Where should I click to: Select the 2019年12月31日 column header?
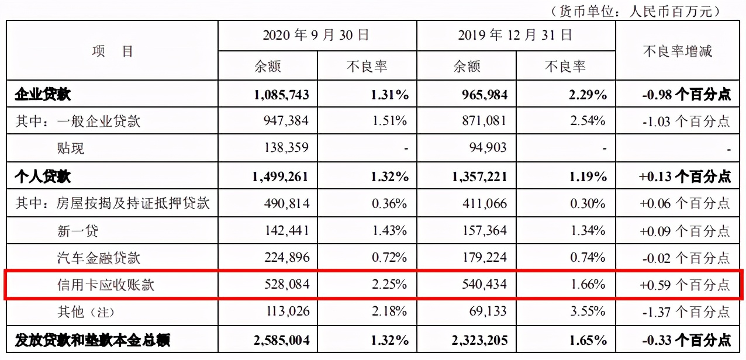tap(516, 35)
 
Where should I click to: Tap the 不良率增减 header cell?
tap(678, 51)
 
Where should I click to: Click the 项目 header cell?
tap(112, 51)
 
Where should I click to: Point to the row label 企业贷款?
tap(43, 95)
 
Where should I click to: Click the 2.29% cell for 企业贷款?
tap(585, 95)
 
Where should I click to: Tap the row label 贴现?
tap(71, 148)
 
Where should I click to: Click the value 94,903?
tap(487, 148)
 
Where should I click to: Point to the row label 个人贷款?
tap(43, 176)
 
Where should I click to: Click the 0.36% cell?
tap(389, 203)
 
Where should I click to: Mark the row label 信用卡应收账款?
tap(106, 285)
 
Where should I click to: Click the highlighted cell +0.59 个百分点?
tap(685, 285)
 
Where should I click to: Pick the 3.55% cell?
tap(588, 312)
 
